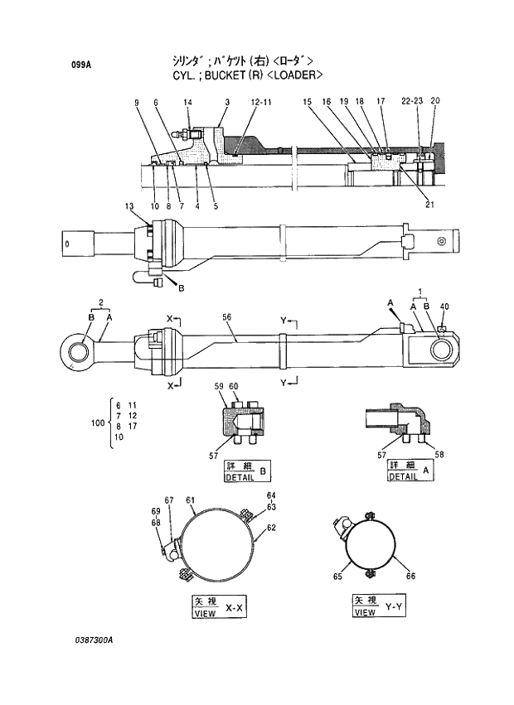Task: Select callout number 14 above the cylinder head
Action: coord(188,102)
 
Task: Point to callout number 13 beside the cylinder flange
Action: coord(129,205)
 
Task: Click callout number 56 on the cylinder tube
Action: coord(226,317)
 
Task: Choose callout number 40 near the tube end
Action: coord(444,307)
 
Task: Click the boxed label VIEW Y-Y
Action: coord(378,606)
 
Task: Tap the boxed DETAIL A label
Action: coord(411,471)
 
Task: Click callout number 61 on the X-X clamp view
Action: coord(190,500)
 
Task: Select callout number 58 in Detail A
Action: coord(439,455)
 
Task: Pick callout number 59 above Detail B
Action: coord(220,386)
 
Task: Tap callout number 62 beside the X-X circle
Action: coord(271,527)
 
